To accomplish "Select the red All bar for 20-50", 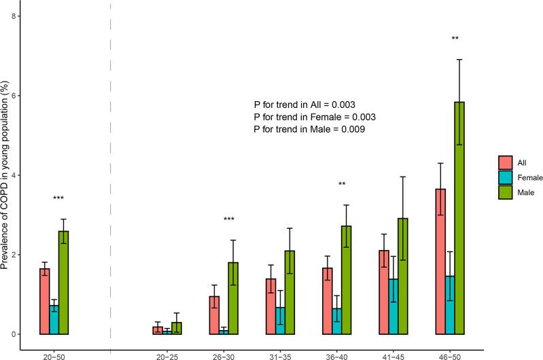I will pyautogui.click(x=44, y=302).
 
